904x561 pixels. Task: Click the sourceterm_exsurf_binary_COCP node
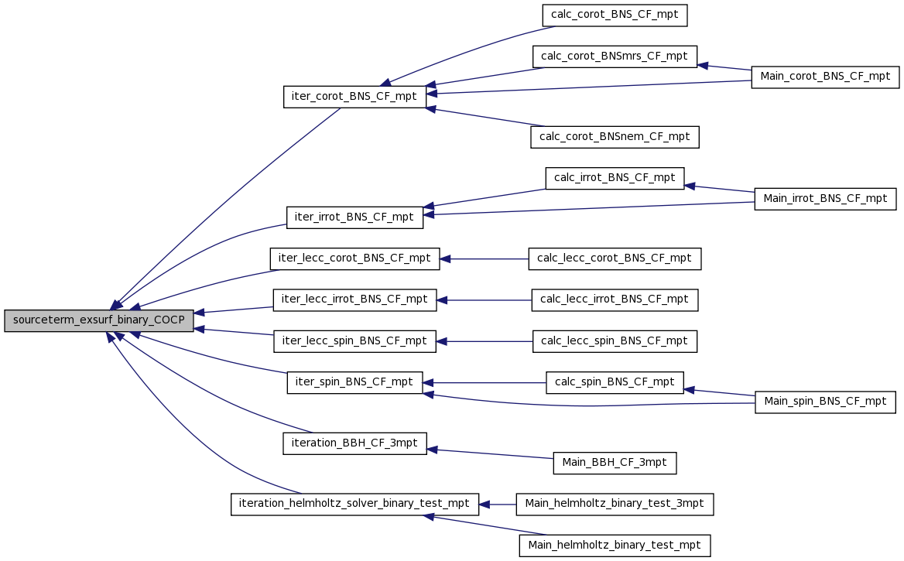coord(98,320)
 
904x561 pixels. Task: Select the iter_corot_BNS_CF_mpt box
coord(354,96)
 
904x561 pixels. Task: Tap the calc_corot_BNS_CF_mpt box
coord(615,15)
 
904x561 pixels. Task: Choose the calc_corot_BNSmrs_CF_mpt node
coord(615,56)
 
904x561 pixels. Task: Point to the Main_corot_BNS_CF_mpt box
coord(825,77)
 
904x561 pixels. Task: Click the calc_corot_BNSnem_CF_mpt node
coord(615,137)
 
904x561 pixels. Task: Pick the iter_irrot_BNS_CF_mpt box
coord(354,217)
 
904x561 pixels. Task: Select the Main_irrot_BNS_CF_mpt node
coord(825,199)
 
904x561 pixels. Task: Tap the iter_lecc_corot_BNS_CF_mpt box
coord(354,258)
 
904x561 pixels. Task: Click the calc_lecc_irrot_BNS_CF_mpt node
coord(615,299)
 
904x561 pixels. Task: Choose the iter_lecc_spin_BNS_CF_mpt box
coord(354,341)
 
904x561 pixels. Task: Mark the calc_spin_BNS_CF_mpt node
coord(615,382)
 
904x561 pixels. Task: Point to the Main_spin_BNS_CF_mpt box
coord(825,402)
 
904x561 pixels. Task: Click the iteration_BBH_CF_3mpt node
coord(354,443)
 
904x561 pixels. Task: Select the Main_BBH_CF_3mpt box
coord(615,463)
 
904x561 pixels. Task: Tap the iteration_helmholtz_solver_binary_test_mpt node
coord(354,504)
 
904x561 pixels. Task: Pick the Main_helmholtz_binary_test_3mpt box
coord(615,504)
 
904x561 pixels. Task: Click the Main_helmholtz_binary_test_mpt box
coord(615,546)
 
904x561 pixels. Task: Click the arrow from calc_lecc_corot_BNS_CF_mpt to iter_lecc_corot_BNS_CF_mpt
coord(485,259)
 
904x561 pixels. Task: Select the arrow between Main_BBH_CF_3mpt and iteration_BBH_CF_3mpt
coord(490,453)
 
